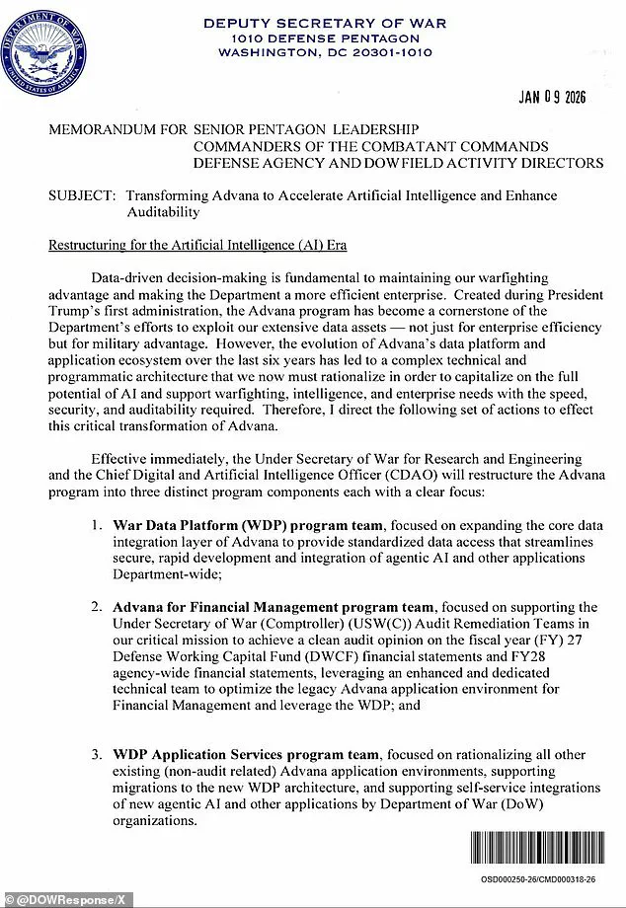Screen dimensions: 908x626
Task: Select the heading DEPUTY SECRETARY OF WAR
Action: point(324,23)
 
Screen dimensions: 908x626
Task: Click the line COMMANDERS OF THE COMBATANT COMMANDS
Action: point(378,146)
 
